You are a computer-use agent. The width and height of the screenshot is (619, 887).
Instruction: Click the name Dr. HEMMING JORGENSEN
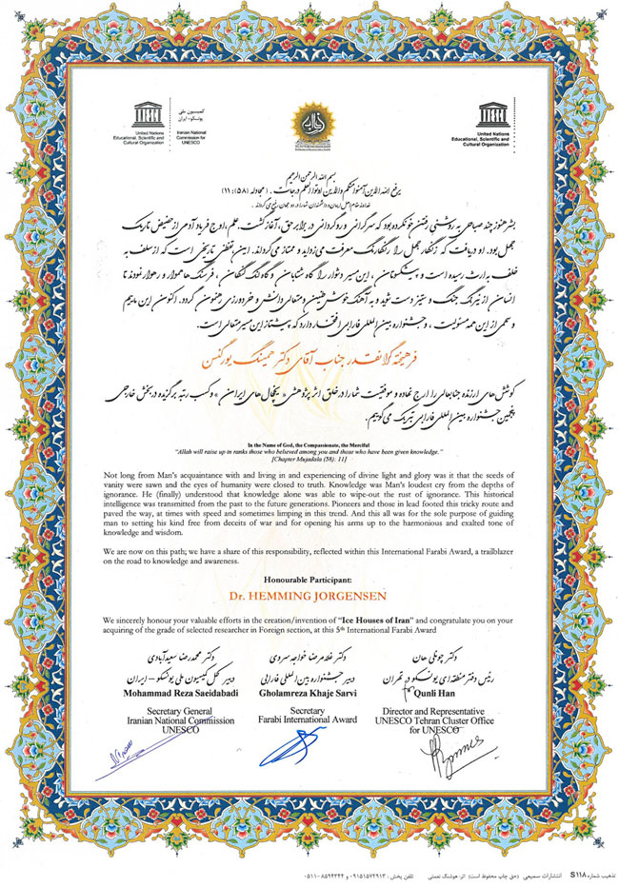pos(309,596)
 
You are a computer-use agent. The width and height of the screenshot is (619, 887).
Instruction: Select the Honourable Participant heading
pos(309,578)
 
